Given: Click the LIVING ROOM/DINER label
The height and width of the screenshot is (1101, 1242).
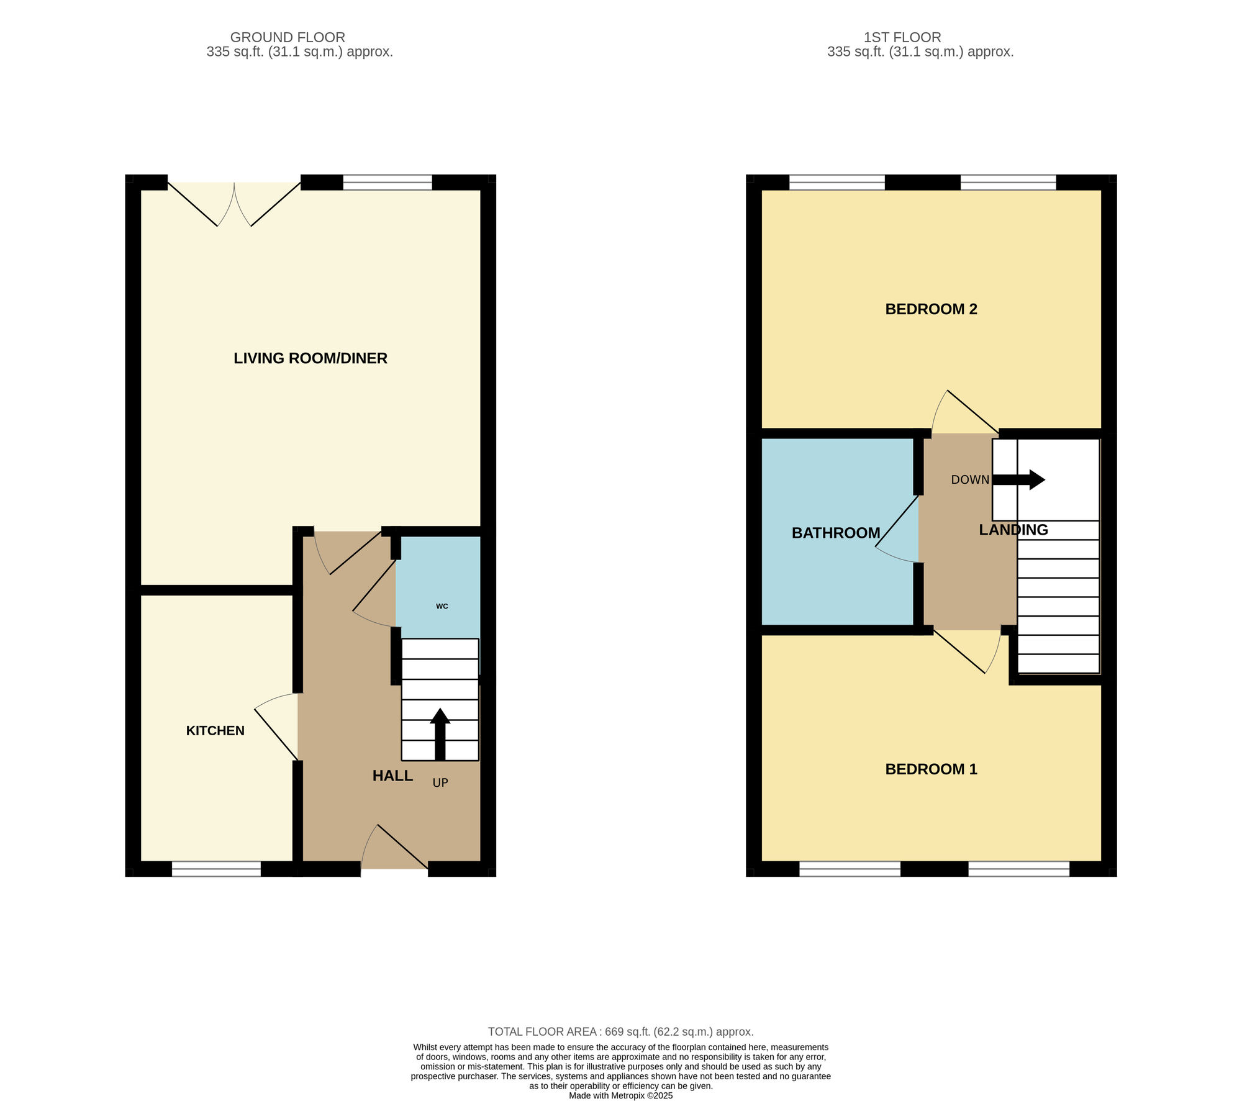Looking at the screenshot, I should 310,358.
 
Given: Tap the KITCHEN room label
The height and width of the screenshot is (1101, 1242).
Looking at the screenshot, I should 215,731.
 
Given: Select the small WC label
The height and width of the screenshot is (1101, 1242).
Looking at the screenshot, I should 442,606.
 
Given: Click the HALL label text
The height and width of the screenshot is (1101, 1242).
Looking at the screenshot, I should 392,776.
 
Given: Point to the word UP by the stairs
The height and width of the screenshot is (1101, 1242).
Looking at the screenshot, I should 440,783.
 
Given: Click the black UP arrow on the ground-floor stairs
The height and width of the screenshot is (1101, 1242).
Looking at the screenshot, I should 440,733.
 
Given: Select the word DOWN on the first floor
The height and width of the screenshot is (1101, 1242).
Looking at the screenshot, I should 970,480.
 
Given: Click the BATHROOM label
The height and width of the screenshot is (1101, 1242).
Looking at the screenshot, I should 836,533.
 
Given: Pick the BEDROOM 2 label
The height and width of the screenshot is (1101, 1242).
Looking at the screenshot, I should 931,309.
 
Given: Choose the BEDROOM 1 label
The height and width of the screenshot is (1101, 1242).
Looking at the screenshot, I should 931,769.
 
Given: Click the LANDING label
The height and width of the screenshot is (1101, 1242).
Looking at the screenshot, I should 1013,530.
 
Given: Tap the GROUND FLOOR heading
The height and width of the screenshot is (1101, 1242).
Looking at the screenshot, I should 288,37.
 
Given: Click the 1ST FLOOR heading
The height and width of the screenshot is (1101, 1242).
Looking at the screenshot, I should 902,37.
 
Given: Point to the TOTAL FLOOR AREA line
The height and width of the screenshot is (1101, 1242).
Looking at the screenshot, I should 620,1032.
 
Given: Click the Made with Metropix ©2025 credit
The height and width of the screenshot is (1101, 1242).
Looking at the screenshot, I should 620,1096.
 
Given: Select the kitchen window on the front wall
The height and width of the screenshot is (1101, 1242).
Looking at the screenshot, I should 216,869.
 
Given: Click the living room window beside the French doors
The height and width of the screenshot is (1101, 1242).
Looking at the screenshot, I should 388,182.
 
